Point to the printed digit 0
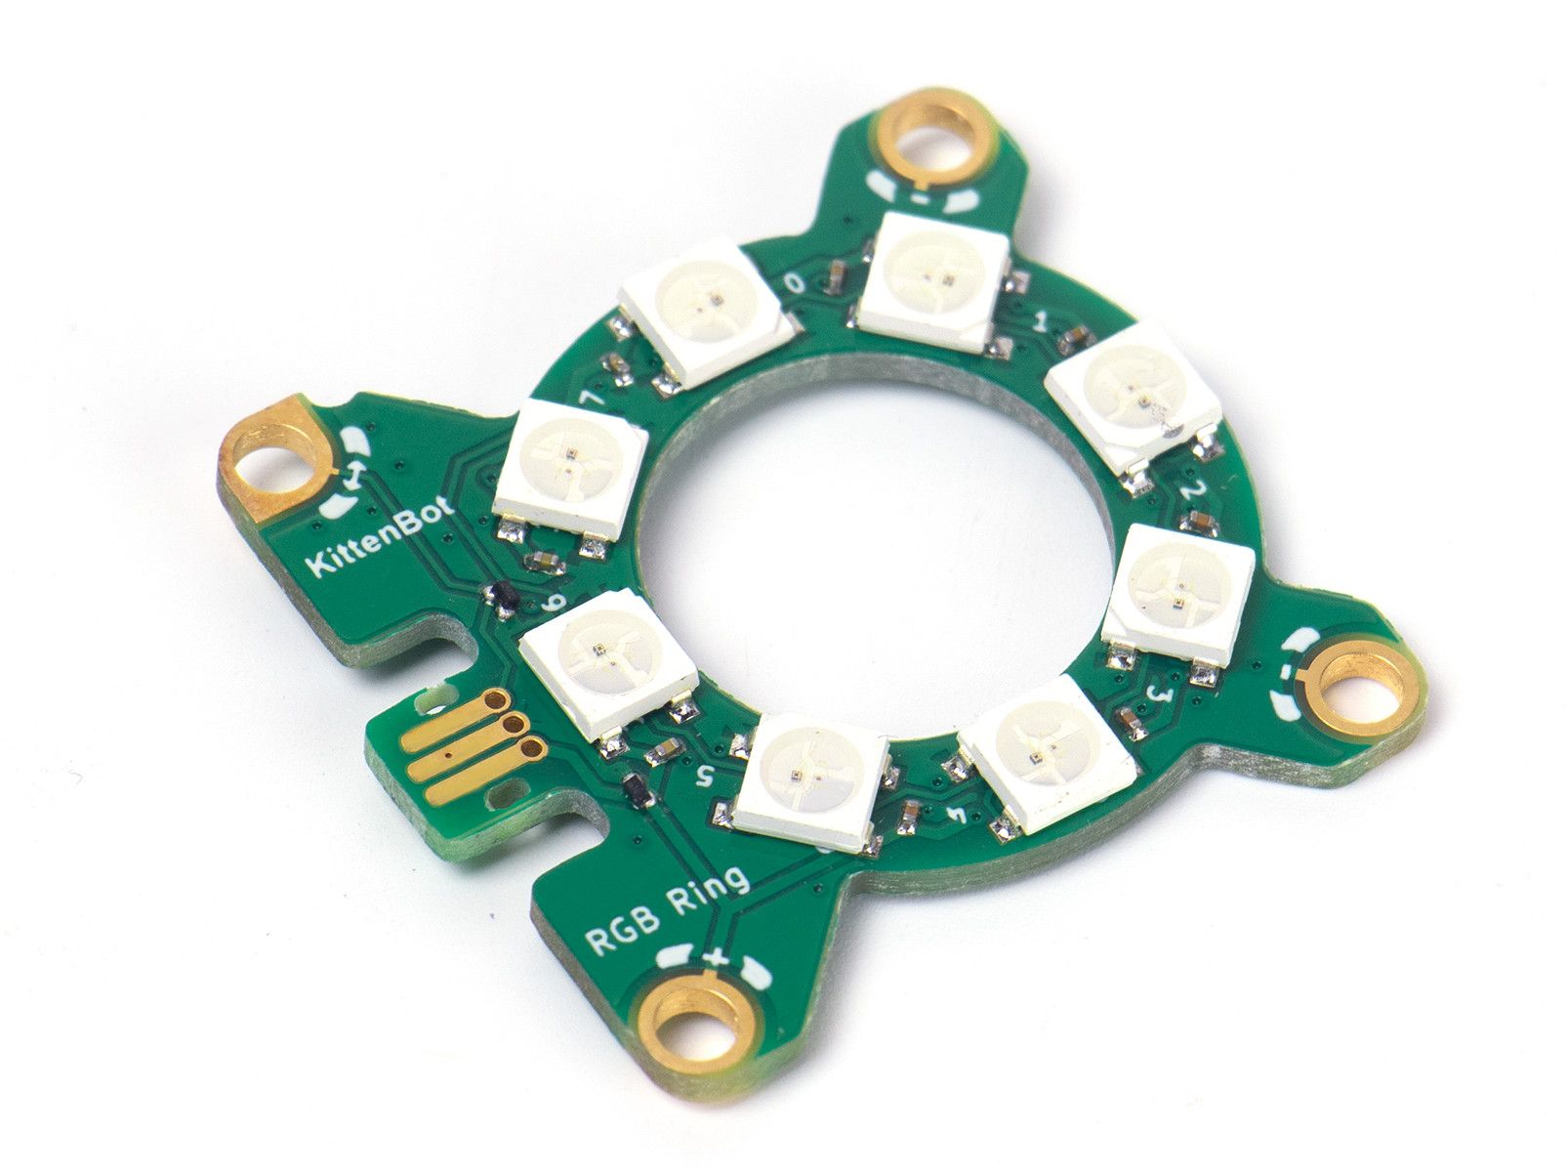point(795,283)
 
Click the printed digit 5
point(705,774)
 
